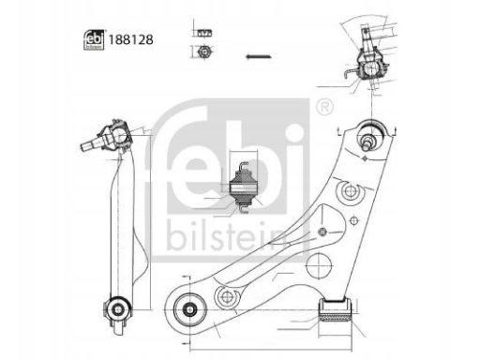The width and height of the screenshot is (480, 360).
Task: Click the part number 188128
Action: coord(130,39)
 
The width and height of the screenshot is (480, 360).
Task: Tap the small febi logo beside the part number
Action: coord(94,39)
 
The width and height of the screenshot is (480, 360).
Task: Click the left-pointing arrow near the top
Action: coord(258,56)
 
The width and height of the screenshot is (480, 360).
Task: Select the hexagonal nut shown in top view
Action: coord(203,52)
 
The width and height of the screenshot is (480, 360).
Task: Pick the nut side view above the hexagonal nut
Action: coord(204,33)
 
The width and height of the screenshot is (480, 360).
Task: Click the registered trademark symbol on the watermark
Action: coord(324,108)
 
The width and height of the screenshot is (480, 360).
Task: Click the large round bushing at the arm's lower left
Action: coord(190,309)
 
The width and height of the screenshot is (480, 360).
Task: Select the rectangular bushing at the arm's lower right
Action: coord(336,310)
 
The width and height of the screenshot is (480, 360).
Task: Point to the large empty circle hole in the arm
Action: coord(319,265)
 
